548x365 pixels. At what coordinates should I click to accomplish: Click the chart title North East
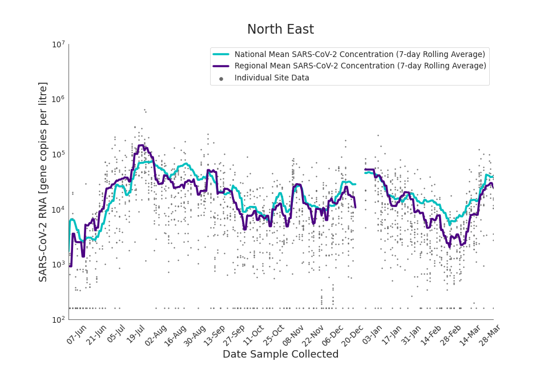point(280,30)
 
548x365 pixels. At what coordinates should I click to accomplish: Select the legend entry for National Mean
point(360,54)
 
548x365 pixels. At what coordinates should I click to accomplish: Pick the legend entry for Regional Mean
point(360,66)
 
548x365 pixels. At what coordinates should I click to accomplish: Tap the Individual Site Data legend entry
point(272,78)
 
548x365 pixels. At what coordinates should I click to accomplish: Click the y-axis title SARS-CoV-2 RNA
point(43,181)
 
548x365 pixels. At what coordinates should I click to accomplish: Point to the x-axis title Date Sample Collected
point(280,354)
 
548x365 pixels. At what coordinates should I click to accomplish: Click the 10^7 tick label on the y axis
point(59,44)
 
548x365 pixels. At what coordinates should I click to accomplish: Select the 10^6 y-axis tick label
point(59,99)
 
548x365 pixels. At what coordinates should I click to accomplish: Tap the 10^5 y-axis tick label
point(59,155)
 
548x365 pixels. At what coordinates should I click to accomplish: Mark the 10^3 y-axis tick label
point(59,265)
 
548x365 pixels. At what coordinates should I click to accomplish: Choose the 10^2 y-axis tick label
point(59,320)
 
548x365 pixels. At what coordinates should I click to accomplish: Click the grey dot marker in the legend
point(221,78)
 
